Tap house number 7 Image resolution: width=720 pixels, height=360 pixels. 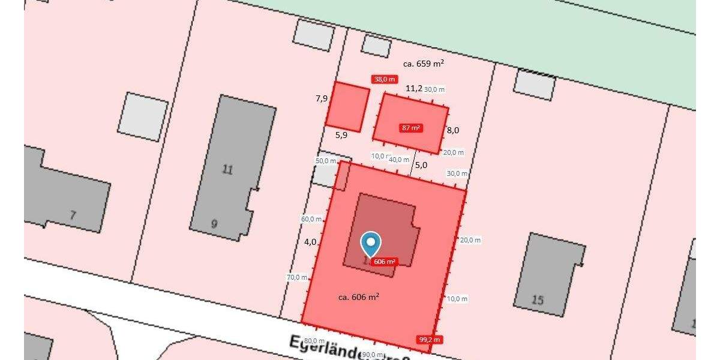click(x=73, y=215)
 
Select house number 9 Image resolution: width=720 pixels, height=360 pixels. click(x=214, y=224)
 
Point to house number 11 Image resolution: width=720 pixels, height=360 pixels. click(x=227, y=170)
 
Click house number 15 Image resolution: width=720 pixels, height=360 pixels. click(x=538, y=299)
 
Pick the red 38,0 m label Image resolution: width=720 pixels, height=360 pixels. click(x=385, y=79)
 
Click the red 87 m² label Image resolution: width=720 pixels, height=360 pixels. click(x=411, y=128)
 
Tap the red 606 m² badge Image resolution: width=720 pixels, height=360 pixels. click(x=384, y=262)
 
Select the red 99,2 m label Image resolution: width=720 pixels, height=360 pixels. click(x=429, y=340)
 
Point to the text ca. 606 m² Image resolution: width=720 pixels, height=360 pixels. click(x=358, y=296)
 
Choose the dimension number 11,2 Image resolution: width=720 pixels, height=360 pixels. click(x=414, y=89)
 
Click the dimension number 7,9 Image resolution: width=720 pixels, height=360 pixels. click(x=322, y=98)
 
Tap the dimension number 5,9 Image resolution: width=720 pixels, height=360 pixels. click(x=341, y=135)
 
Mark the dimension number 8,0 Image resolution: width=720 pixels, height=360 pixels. click(x=453, y=130)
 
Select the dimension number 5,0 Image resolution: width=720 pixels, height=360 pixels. click(x=421, y=164)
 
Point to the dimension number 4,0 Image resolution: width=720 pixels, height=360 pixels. click(x=310, y=242)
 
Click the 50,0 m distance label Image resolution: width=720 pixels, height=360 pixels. click(x=326, y=161)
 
